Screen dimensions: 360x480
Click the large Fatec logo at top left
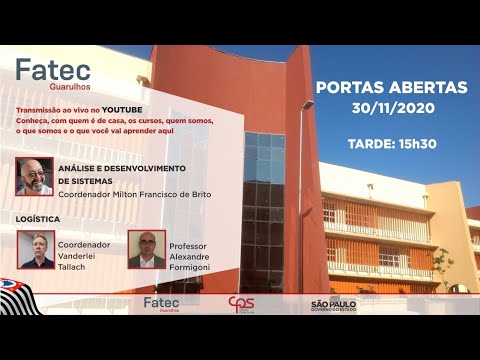[53, 71]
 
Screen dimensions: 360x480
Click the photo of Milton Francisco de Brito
[35, 176]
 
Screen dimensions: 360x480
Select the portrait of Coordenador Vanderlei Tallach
[35, 250]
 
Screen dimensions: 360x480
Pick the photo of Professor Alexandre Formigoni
[146, 249]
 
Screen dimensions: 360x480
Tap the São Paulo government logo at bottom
[332, 304]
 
